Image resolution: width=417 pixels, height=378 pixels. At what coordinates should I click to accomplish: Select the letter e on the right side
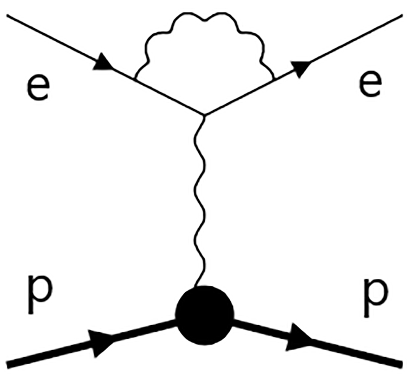coord(371,84)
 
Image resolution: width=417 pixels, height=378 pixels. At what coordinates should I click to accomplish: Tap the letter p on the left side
coord(40,295)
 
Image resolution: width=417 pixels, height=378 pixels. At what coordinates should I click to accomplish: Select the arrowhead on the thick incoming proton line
coord(102,342)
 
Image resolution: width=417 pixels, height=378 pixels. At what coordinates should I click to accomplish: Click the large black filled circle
coord(204,315)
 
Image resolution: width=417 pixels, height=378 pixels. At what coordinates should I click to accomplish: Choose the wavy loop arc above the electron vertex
coord(204,19)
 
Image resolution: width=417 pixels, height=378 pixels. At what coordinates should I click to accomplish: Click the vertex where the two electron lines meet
coord(204,115)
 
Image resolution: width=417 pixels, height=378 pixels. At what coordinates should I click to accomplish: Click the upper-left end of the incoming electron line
coord(7,15)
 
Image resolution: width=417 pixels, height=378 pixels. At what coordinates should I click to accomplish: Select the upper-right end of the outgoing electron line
coord(402,15)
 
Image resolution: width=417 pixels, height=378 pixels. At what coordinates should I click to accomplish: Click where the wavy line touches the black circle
coord(196,287)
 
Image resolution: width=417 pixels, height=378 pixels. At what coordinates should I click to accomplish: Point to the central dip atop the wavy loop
coord(204,19)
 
